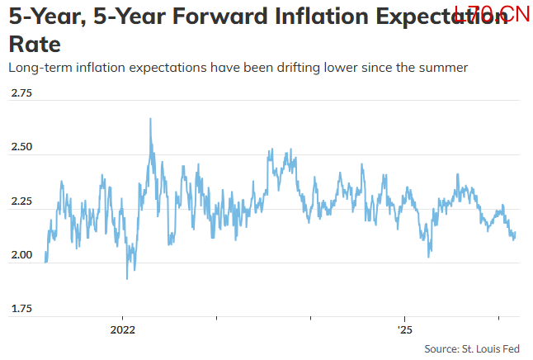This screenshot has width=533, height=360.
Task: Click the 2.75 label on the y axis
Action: pos(21,93)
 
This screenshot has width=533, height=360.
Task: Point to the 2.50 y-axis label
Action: pos(21,147)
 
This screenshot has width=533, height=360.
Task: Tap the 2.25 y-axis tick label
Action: pos(21,201)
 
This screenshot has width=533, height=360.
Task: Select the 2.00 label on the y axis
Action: pos(21,255)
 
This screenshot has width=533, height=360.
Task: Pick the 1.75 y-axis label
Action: pos(21,309)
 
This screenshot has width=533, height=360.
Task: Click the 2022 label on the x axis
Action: pos(122,329)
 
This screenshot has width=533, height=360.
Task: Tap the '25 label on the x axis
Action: pos(403,329)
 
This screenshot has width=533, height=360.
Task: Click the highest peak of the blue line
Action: pos(150,119)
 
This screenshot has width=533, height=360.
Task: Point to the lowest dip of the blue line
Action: pos(126,278)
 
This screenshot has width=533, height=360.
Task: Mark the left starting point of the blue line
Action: pos(45,262)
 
